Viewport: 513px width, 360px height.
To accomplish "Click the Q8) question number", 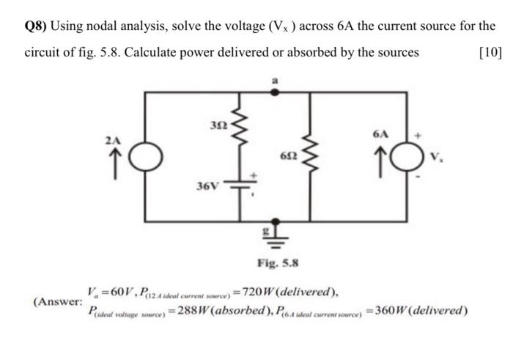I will pyautogui.click(x=35, y=27).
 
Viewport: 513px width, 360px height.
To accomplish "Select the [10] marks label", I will pyautogui.click(x=489, y=52).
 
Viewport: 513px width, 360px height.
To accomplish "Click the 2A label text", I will pyautogui.click(x=111, y=139).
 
